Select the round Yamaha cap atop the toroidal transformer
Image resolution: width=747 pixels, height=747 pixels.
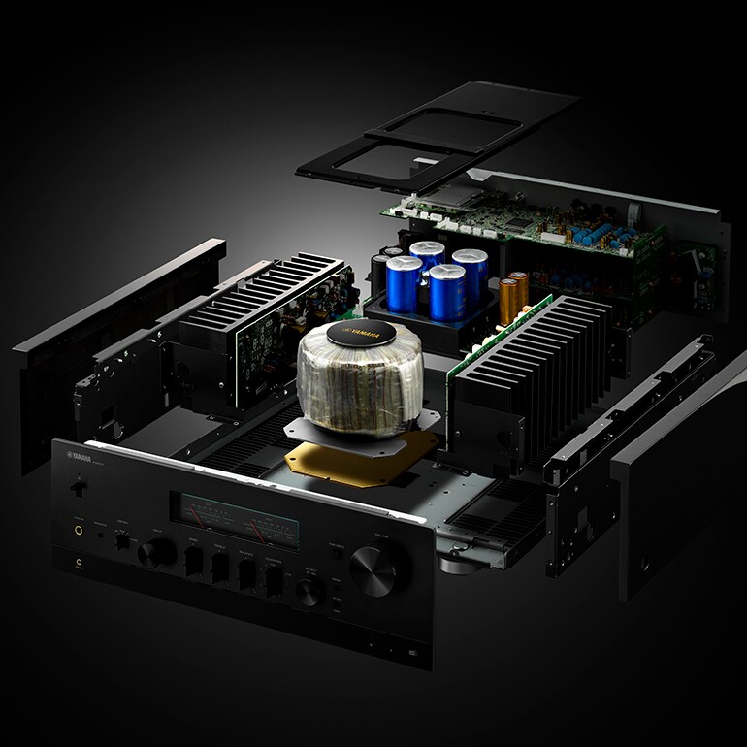click(364, 332)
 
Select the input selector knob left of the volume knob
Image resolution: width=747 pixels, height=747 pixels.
click(309, 591)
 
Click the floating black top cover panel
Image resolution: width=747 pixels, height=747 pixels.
click(437, 136)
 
